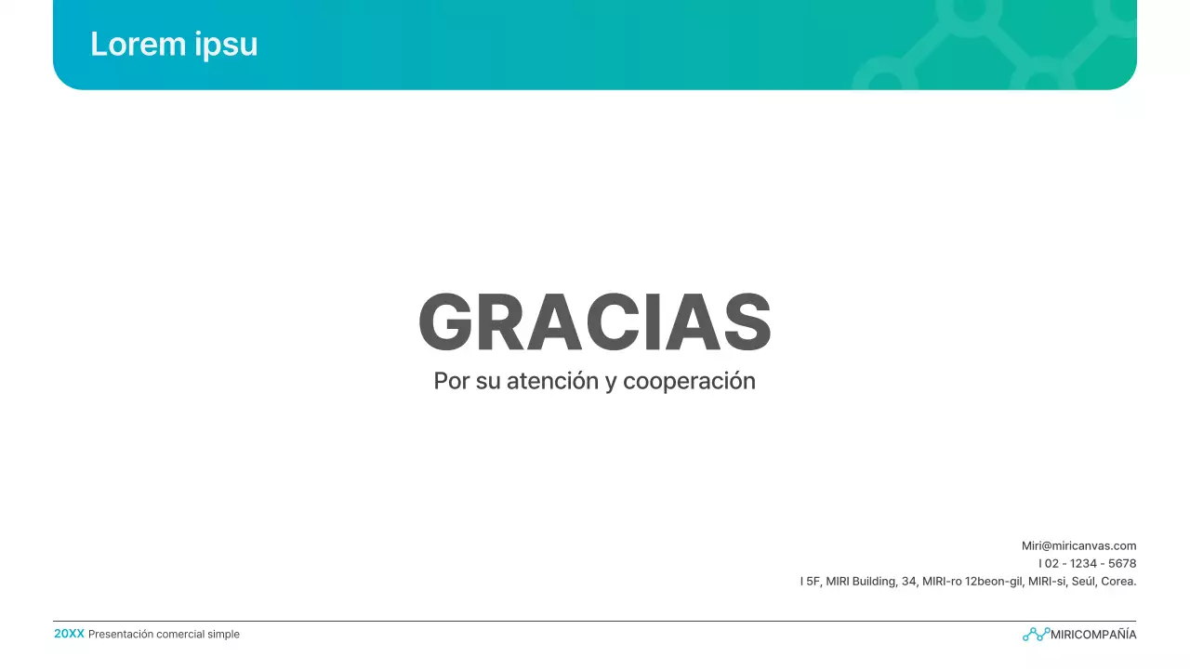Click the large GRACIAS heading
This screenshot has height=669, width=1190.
[x=595, y=322]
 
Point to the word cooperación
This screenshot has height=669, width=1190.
[x=689, y=381]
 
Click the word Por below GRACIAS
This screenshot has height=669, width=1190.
[x=452, y=381]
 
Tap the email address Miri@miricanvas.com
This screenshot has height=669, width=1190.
[x=1078, y=546]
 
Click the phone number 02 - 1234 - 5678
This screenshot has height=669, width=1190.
[x=1091, y=564]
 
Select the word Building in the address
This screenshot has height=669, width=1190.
[x=874, y=582]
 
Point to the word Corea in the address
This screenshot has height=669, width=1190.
[x=1117, y=582]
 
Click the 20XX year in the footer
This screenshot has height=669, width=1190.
[x=69, y=634]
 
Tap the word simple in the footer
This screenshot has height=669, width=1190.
[x=225, y=635]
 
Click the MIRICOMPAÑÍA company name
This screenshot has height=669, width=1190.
[x=1093, y=635]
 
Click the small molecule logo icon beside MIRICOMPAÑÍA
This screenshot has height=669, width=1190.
[x=1036, y=635]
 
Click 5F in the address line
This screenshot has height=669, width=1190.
[x=813, y=582]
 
